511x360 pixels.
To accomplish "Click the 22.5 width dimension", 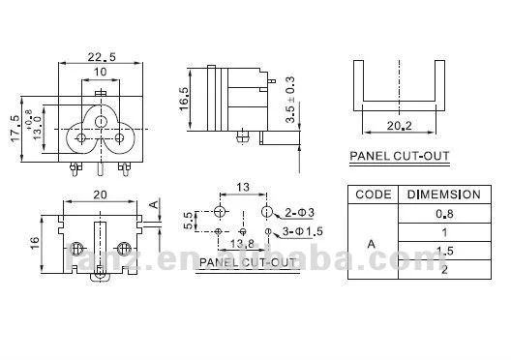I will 100,57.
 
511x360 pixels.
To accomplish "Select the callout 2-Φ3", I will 297,211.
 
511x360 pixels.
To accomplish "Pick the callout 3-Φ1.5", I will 303,231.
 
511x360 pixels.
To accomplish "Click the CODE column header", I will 374,194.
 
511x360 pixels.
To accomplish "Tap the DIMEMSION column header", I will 444,194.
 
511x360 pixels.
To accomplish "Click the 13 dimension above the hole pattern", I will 243,187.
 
